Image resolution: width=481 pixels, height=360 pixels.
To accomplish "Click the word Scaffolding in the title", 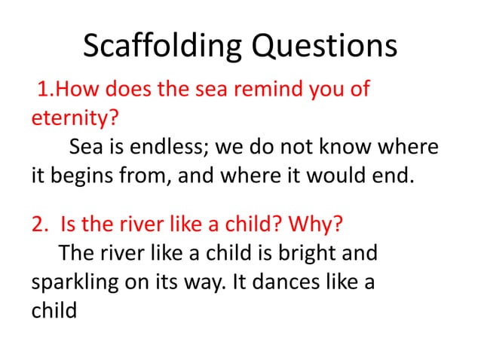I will point(161,47).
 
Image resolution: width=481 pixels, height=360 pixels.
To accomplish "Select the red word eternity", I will point(64,119).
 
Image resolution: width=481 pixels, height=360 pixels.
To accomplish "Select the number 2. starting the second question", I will point(40,225).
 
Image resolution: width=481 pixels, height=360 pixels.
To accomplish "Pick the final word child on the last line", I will point(54,309).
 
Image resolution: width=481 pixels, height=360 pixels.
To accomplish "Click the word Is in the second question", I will point(67,225).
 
